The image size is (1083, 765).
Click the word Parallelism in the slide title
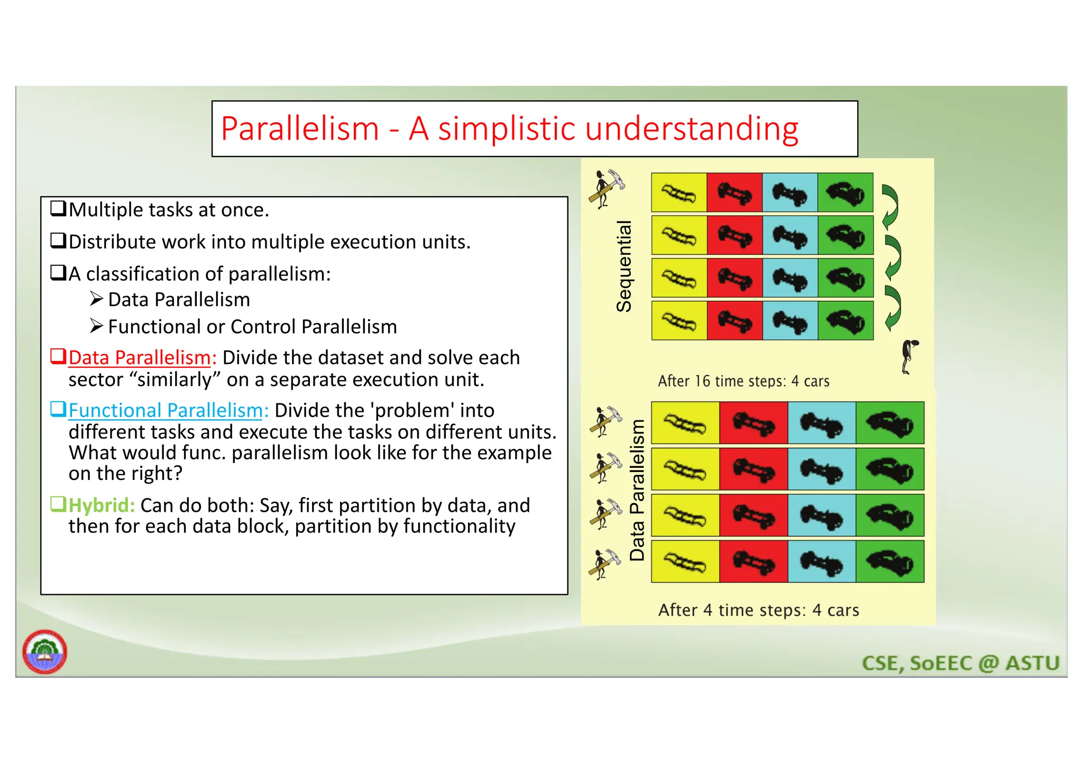(300, 129)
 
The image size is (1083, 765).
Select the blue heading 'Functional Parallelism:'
(168, 411)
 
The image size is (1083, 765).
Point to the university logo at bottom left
(45, 651)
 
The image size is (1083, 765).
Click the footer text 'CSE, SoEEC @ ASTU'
(960, 663)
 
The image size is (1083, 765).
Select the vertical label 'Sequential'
(625, 266)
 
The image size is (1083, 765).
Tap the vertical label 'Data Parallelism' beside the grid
(638, 490)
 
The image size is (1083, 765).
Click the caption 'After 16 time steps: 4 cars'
(743, 381)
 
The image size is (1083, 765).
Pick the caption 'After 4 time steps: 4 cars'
(758, 610)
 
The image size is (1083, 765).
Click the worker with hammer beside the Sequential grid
(607, 189)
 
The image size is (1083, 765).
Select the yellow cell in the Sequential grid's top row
(679, 192)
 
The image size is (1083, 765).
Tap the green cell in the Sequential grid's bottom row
(845, 321)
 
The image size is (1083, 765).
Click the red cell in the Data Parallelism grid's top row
(754, 423)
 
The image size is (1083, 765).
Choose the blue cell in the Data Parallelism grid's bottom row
(821, 561)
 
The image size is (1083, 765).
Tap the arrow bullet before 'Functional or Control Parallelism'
(96, 326)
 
